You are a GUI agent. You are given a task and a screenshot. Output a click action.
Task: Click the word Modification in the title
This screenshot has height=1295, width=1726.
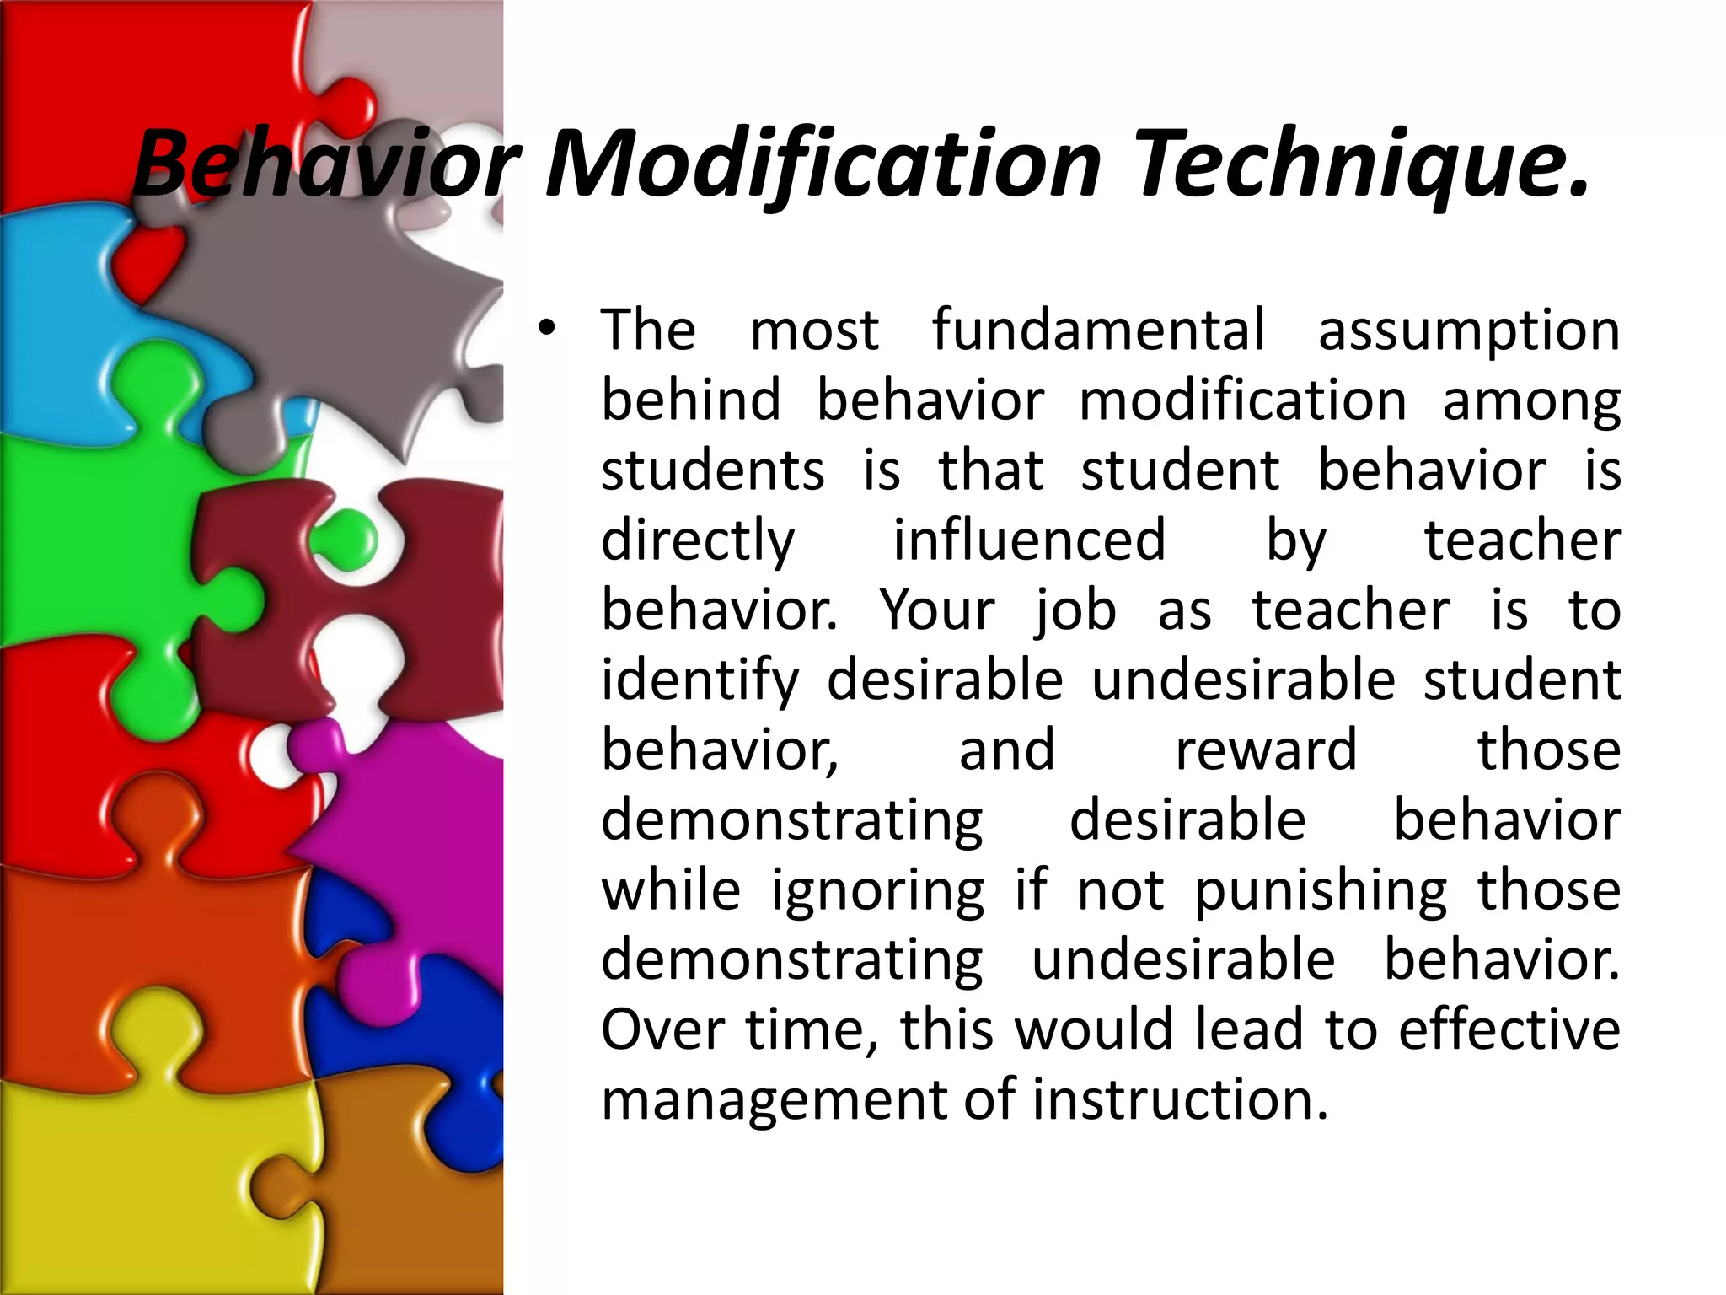[823, 164]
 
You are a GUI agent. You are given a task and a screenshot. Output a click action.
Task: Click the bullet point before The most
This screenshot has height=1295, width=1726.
[547, 330]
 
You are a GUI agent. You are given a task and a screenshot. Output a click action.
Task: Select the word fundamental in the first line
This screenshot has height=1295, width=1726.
[1098, 330]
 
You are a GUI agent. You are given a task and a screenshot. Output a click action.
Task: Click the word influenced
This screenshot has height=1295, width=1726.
[1029, 540]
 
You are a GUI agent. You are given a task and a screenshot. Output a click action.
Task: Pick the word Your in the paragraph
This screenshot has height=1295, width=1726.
[937, 610]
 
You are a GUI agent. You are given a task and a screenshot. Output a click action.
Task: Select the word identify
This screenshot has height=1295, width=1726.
[700, 681]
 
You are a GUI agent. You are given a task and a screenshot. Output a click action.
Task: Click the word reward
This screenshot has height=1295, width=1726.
[1266, 750]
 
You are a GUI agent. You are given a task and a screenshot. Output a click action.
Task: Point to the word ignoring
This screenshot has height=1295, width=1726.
[877, 892]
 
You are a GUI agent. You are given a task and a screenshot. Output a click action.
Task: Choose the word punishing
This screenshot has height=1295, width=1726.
[1321, 892]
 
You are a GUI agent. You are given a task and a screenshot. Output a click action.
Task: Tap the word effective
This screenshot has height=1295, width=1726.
[1509, 1030]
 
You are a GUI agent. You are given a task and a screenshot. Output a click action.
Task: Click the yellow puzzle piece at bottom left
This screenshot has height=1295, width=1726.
[126, 1180]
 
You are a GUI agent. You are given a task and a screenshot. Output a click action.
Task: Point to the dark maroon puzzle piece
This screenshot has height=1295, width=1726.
[405, 590]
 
